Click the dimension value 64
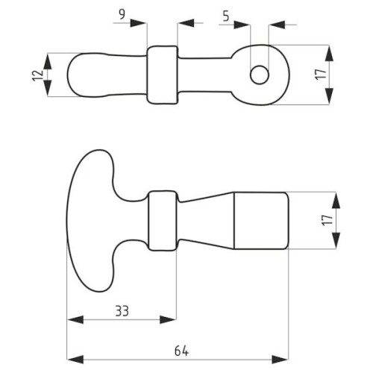pyautogui.click(x=181, y=351)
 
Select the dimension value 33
pyautogui.click(x=122, y=311)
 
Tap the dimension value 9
pyautogui.click(x=122, y=15)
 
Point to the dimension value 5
pyautogui.click(x=226, y=16)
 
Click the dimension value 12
pyautogui.click(x=38, y=75)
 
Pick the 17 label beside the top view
pyautogui.click(x=321, y=75)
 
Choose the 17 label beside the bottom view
pyautogui.click(x=327, y=220)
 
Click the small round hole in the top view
pyautogui.click(x=260, y=75)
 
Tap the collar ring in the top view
pyautogui.click(x=163, y=75)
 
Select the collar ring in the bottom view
pyautogui.click(x=163, y=221)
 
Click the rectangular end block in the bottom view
pyautogui.click(x=262, y=221)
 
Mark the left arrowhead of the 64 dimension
pyautogui.click(x=75, y=360)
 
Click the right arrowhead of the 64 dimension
pyautogui.click(x=280, y=360)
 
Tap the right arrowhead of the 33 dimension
pyautogui.click(x=168, y=319)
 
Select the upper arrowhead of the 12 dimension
pyautogui.click(x=48, y=61)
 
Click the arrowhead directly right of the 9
pyautogui.click(x=139, y=23)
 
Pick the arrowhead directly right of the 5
pyautogui.click(x=242, y=25)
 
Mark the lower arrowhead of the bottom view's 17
pyautogui.click(x=336, y=240)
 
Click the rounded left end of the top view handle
pyautogui.click(x=75, y=75)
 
